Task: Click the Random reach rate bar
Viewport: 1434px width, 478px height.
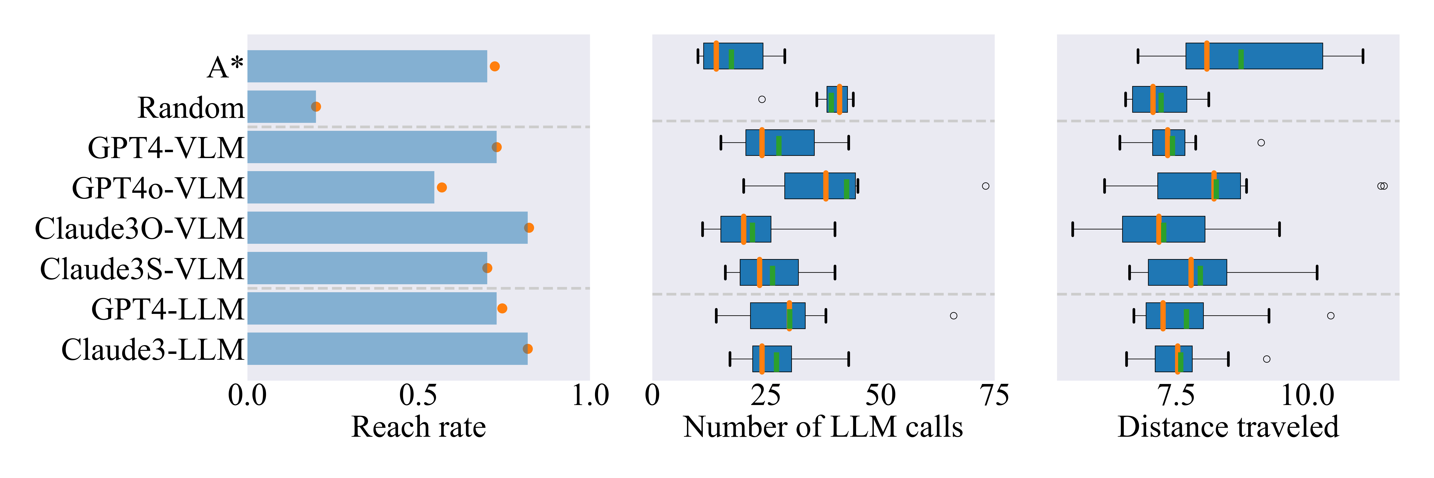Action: pos(282,107)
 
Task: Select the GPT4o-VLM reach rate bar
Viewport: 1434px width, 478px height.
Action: pos(341,188)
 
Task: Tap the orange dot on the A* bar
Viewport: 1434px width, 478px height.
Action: pos(494,66)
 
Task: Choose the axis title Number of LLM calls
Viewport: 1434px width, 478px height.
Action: pos(823,427)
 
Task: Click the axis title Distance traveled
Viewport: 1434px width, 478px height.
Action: pos(1228,427)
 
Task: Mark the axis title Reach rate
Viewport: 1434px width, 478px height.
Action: pos(419,427)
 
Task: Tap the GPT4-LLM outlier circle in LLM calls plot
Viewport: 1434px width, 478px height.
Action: pos(954,315)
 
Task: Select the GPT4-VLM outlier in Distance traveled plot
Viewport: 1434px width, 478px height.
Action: pos(1261,142)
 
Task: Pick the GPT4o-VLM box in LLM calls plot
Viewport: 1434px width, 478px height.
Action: pos(820,186)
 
